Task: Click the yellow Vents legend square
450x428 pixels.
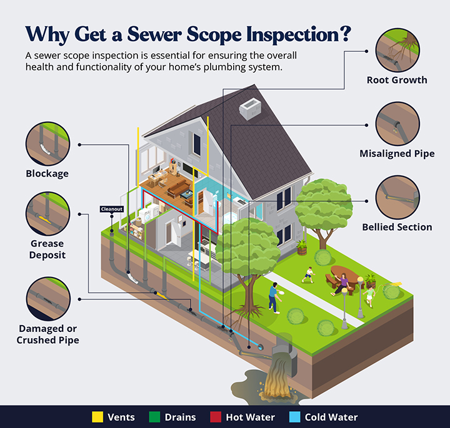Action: coord(97,417)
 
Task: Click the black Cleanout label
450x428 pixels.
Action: coord(110,209)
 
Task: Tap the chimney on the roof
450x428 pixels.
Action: coord(251,109)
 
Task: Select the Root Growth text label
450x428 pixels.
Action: coord(397,80)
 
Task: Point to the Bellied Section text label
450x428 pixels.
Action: coord(397,227)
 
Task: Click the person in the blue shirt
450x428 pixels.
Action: coord(274,296)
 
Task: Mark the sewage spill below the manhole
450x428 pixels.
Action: coord(275,384)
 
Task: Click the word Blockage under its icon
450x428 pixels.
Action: coord(47,174)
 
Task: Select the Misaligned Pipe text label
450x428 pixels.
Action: coord(397,153)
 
